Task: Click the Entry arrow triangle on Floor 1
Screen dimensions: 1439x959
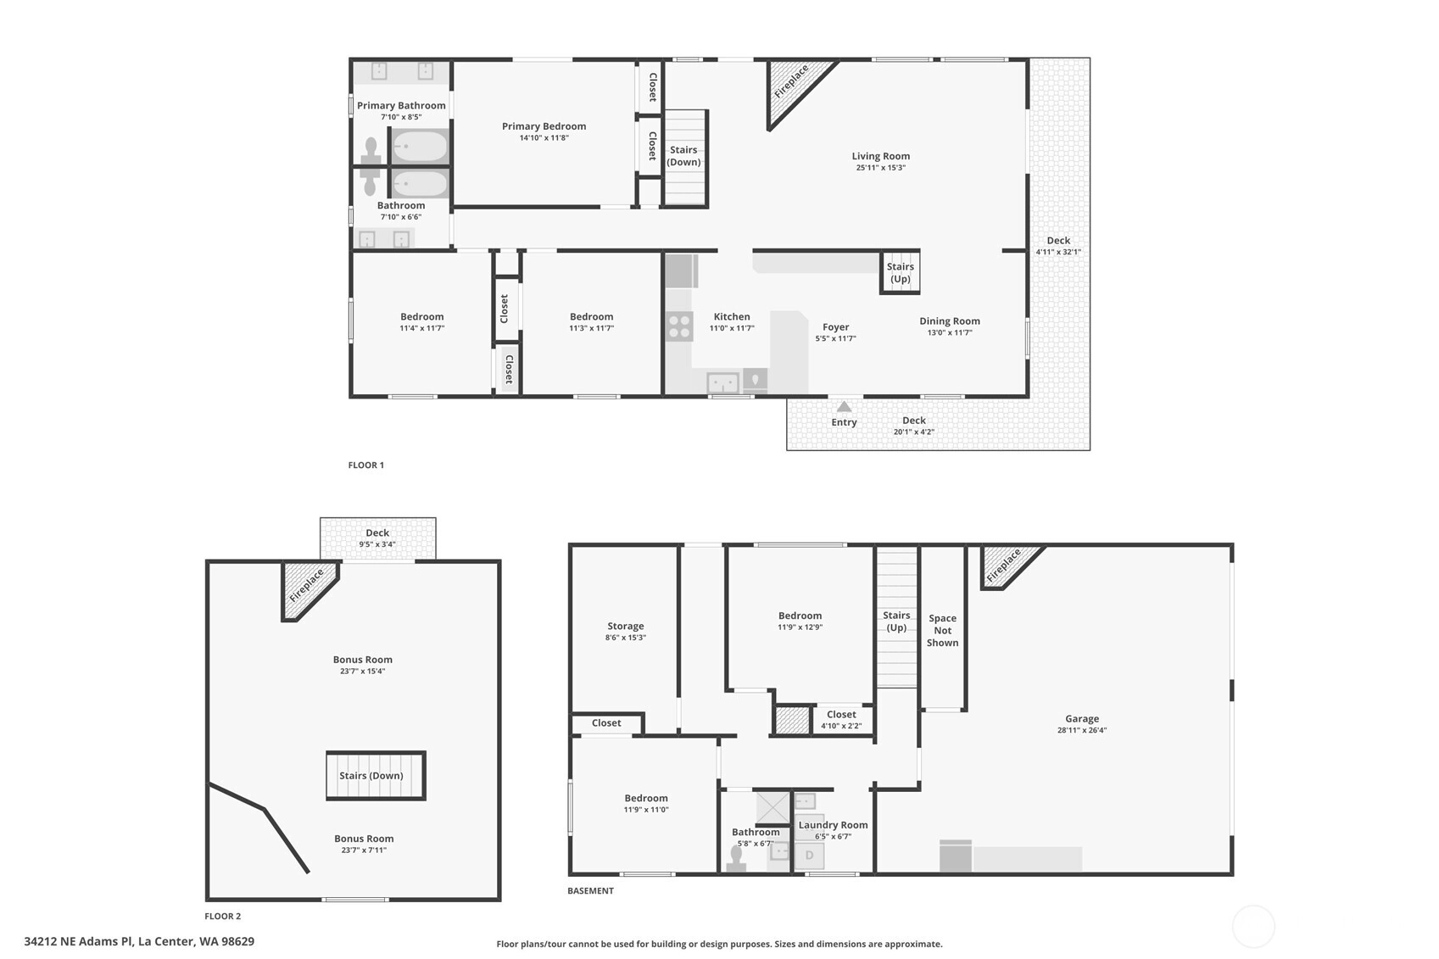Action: pyautogui.click(x=844, y=407)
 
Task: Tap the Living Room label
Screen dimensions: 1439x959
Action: pyautogui.click(x=881, y=156)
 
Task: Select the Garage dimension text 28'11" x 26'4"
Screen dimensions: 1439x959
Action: pyautogui.click(x=1082, y=730)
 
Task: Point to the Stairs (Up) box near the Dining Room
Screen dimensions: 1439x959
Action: pyautogui.click(x=900, y=272)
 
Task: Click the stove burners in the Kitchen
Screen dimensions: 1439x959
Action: pyautogui.click(x=679, y=326)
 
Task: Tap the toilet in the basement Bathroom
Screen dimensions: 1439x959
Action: pyautogui.click(x=736, y=858)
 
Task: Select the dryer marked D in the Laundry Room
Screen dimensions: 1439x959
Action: pyautogui.click(x=810, y=856)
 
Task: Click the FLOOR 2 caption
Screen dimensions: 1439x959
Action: pyautogui.click(x=222, y=916)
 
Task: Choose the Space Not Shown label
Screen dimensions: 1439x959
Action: pyautogui.click(x=942, y=630)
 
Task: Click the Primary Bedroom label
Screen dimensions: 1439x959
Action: pyautogui.click(x=544, y=126)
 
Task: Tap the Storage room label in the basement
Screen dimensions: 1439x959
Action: pyautogui.click(x=626, y=627)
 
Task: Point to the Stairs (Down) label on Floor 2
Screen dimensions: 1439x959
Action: pyautogui.click(x=371, y=776)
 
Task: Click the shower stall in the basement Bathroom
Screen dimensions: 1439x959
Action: pyautogui.click(x=772, y=807)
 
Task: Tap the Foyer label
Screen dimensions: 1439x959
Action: pyautogui.click(x=836, y=327)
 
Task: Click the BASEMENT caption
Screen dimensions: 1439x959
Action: pyautogui.click(x=590, y=891)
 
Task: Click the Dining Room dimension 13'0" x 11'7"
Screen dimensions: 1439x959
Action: pyautogui.click(x=950, y=332)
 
